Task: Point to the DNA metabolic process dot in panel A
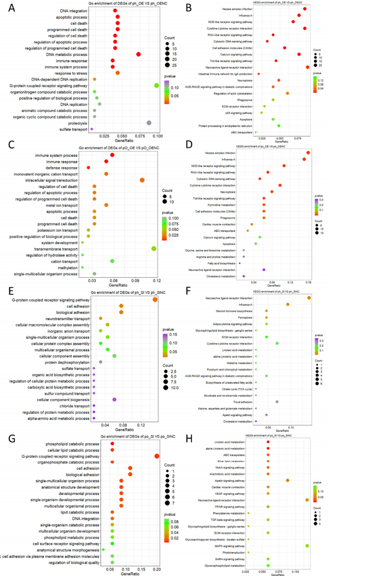click(139, 54)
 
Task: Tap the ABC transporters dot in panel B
click(255, 133)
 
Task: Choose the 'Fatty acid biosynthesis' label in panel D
click(223, 264)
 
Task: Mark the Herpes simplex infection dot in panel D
click(308, 153)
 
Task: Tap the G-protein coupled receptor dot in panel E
click(156, 299)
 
